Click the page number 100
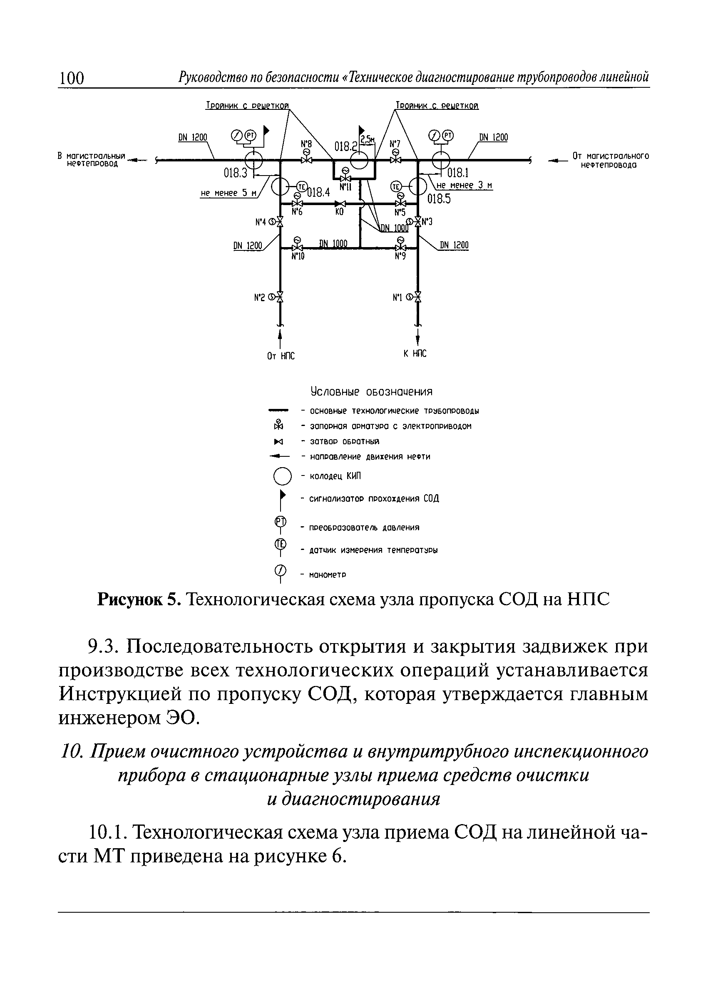coord(72,78)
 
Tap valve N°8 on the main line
coord(306,160)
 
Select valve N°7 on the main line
coord(395,160)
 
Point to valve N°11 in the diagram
coord(345,178)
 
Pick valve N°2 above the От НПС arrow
coord(280,297)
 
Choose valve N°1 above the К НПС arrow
coord(418,297)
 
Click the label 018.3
coord(235,173)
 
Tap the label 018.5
coord(439,199)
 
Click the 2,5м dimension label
coord(368,139)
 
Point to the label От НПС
coord(281,356)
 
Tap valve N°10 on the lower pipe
coord(298,248)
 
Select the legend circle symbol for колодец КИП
coord(282,476)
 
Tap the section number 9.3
coord(103,647)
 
